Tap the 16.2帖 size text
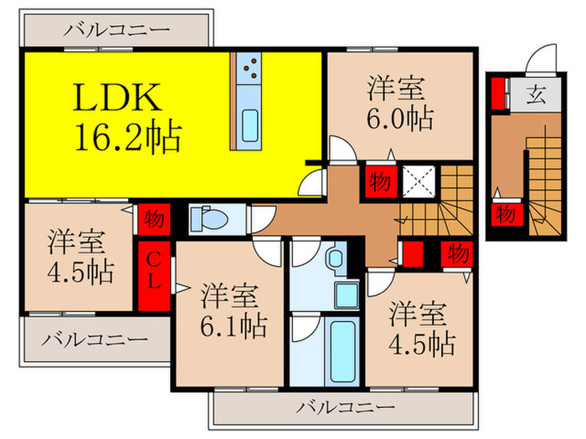[128, 137]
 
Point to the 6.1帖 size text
[234, 324]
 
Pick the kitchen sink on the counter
[249, 126]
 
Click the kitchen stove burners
[248, 68]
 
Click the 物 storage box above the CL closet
[153, 219]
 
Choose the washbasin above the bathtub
[343, 293]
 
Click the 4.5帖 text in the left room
[80, 272]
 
